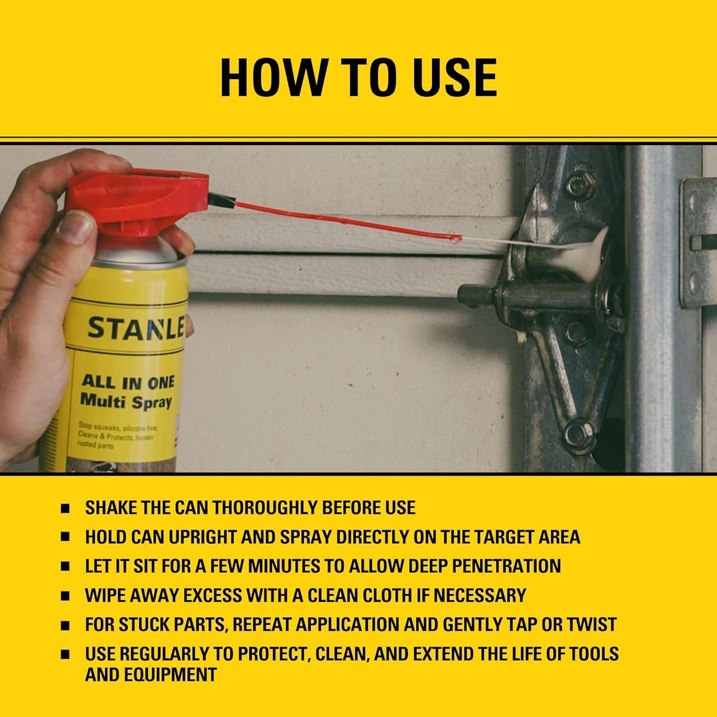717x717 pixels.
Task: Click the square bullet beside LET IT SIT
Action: coord(65,566)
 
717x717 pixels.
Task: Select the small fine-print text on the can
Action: coord(117,435)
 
